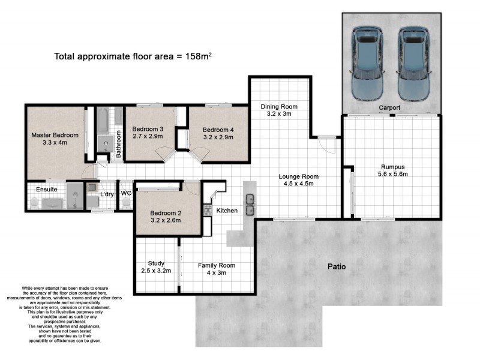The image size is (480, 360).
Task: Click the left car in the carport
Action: [367, 65]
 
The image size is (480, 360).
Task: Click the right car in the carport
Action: [413, 65]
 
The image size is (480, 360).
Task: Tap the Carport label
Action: [389, 108]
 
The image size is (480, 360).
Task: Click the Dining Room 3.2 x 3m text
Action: [278, 110]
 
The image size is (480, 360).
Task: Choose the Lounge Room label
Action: [298, 180]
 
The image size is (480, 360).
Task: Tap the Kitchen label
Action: [227, 211]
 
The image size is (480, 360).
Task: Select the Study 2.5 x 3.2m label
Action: [155, 267]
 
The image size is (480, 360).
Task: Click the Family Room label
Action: [217, 269]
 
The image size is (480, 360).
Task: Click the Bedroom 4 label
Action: [218, 133]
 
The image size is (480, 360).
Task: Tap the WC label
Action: [126, 194]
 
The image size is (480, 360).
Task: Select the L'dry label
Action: [107, 194]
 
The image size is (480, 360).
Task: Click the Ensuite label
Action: [46, 190]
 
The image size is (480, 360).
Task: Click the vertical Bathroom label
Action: [119, 144]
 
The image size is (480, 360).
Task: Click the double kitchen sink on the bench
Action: [250, 204]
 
